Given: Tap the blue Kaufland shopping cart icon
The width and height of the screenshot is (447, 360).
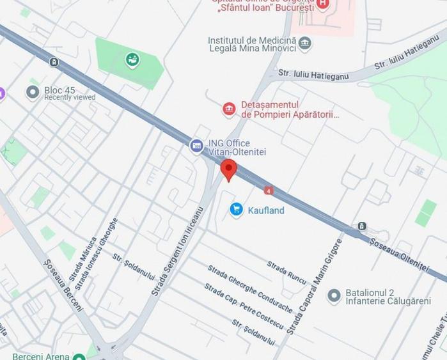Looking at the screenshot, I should pyautogui.click(x=237, y=210).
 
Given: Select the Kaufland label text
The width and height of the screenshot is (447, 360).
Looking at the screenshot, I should pyautogui.click(x=266, y=210).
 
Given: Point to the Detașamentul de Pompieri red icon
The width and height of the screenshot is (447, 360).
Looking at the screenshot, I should pyautogui.click(x=229, y=109).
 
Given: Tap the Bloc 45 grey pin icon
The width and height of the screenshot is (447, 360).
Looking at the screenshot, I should pyautogui.click(x=33, y=93).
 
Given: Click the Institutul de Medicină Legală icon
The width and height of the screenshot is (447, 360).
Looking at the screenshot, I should pyautogui.click(x=305, y=44).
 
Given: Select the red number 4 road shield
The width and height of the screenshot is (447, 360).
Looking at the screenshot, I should pyautogui.click(x=269, y=190).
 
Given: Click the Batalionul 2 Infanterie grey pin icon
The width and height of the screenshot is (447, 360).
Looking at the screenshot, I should pyautogui.click(x=333, y=296).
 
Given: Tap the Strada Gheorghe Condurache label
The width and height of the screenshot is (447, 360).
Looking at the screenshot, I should pyautogui.click(x=250, y=289).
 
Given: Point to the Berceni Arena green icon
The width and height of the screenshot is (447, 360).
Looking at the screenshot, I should pyautogui.click(x=79, y=356).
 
